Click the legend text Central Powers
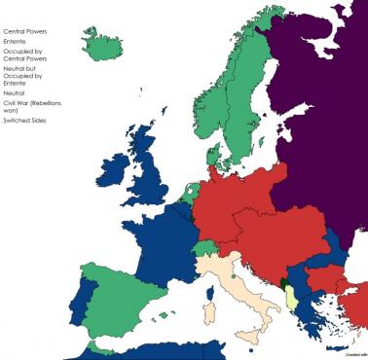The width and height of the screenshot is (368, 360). (25, 31)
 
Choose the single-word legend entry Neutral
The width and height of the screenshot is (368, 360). (17, 93)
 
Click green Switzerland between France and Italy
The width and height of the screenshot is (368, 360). (205, 251)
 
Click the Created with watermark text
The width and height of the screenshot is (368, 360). (355, 354)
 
